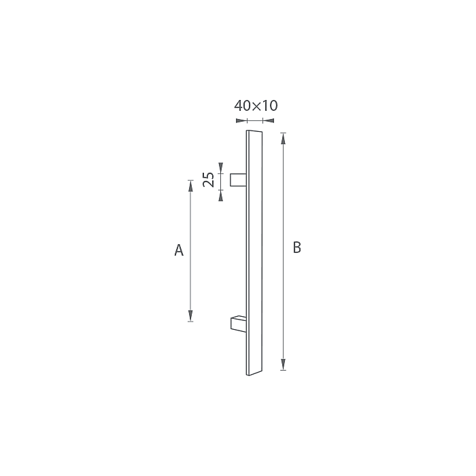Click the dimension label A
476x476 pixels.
[x=179, y=250]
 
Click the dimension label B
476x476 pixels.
[x=297, y=248]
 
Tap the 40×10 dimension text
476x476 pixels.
[x=256, y=105]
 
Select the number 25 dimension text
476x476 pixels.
[x=209, y=180]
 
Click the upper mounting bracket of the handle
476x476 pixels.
[x=238, y=180]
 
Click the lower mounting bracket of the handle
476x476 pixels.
[x=239, y=324]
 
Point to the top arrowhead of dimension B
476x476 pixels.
[x=284, y=138]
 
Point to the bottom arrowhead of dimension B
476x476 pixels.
[x=284, y=364]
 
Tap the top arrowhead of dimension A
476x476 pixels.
[x=190, y=186]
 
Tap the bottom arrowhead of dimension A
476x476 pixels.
[x=190, y=316]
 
